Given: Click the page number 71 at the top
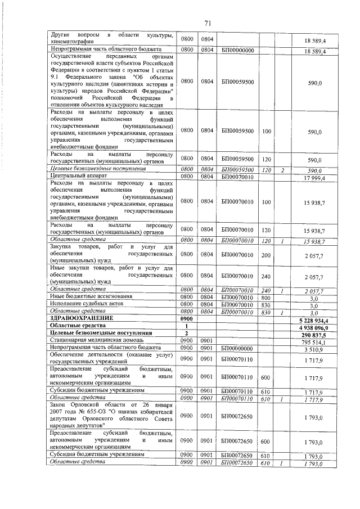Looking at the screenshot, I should [207, 23].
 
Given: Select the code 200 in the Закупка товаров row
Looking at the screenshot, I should [267, 255].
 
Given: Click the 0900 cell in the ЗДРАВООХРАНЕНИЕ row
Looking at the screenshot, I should [186, 318].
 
